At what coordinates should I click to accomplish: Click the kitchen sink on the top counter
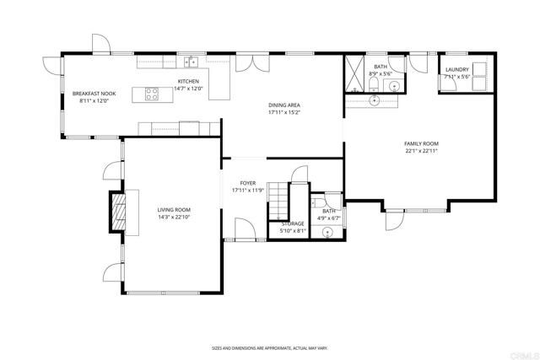(192, 62)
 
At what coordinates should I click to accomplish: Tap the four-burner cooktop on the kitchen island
(152, 94)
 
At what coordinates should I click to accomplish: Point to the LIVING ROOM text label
(174, 210)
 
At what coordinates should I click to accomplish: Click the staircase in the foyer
(278, 199)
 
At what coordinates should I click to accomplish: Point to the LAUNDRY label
(456, 70)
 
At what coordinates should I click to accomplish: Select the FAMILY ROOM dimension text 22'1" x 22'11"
(422, 151)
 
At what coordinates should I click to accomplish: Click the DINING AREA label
(285, 105)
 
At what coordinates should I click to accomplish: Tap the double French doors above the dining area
(248, 62)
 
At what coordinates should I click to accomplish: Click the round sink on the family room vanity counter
(375, 99)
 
